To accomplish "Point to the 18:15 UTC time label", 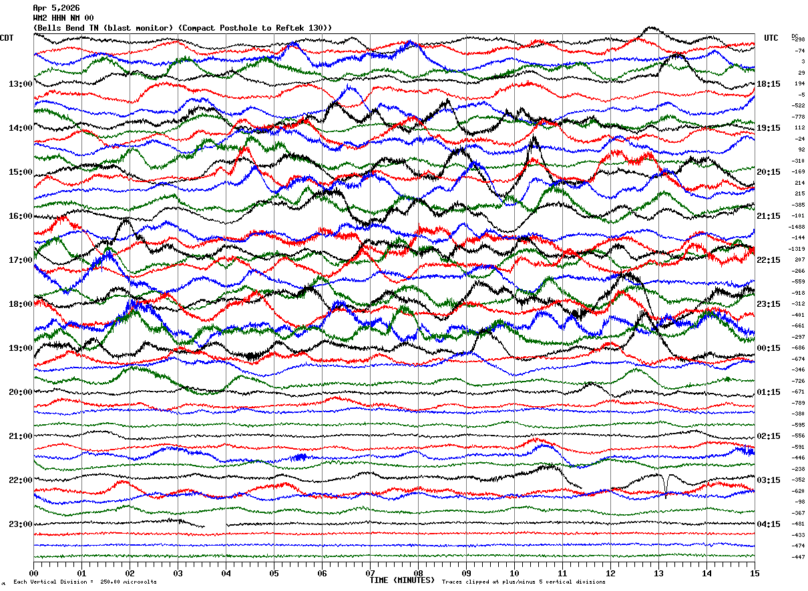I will point(768,84).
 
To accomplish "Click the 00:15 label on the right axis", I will point(768,348).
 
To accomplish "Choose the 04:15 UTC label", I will point(768,524).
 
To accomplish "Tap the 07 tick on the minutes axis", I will point(370,573).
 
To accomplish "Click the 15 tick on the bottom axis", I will point(755,573).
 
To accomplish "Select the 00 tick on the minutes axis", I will point(33,573).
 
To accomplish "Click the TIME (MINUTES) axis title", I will point(402,580).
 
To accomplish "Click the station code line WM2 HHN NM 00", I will point(63,18).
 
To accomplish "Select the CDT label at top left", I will point(7,38).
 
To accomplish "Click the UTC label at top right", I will point(771,38).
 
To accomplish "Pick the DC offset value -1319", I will point(797,249).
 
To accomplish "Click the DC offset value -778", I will point(798,117).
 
